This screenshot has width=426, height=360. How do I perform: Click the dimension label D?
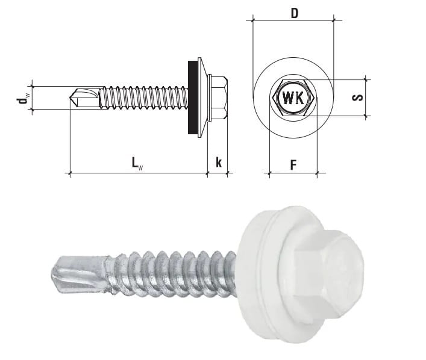[x=294, y=13]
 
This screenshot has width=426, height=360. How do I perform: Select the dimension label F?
[x=293, y=165]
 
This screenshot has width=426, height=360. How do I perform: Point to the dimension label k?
[x=219, y=162]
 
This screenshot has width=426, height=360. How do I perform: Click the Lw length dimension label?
[x=137, y=164]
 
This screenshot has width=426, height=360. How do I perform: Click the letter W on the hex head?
[x=287, y=98]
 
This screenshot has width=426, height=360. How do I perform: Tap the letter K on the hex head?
[x=299, y=98]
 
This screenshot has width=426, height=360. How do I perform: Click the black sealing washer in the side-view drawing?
[x=193, y=98]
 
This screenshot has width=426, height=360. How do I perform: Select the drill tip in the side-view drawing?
[x=84, y=98]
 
